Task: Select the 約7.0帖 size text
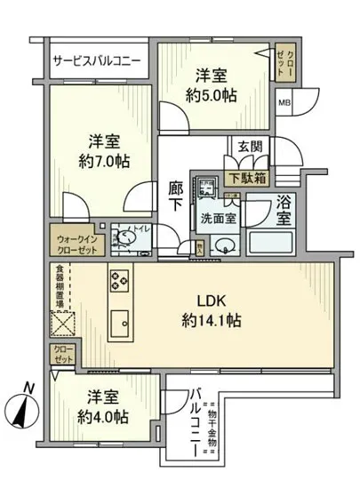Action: pyautogui.click(x=101, y=162)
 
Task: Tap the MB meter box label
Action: pyautogui.click(x=285, y=101)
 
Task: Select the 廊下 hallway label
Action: pyautogui.click(x=177, y=196)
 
